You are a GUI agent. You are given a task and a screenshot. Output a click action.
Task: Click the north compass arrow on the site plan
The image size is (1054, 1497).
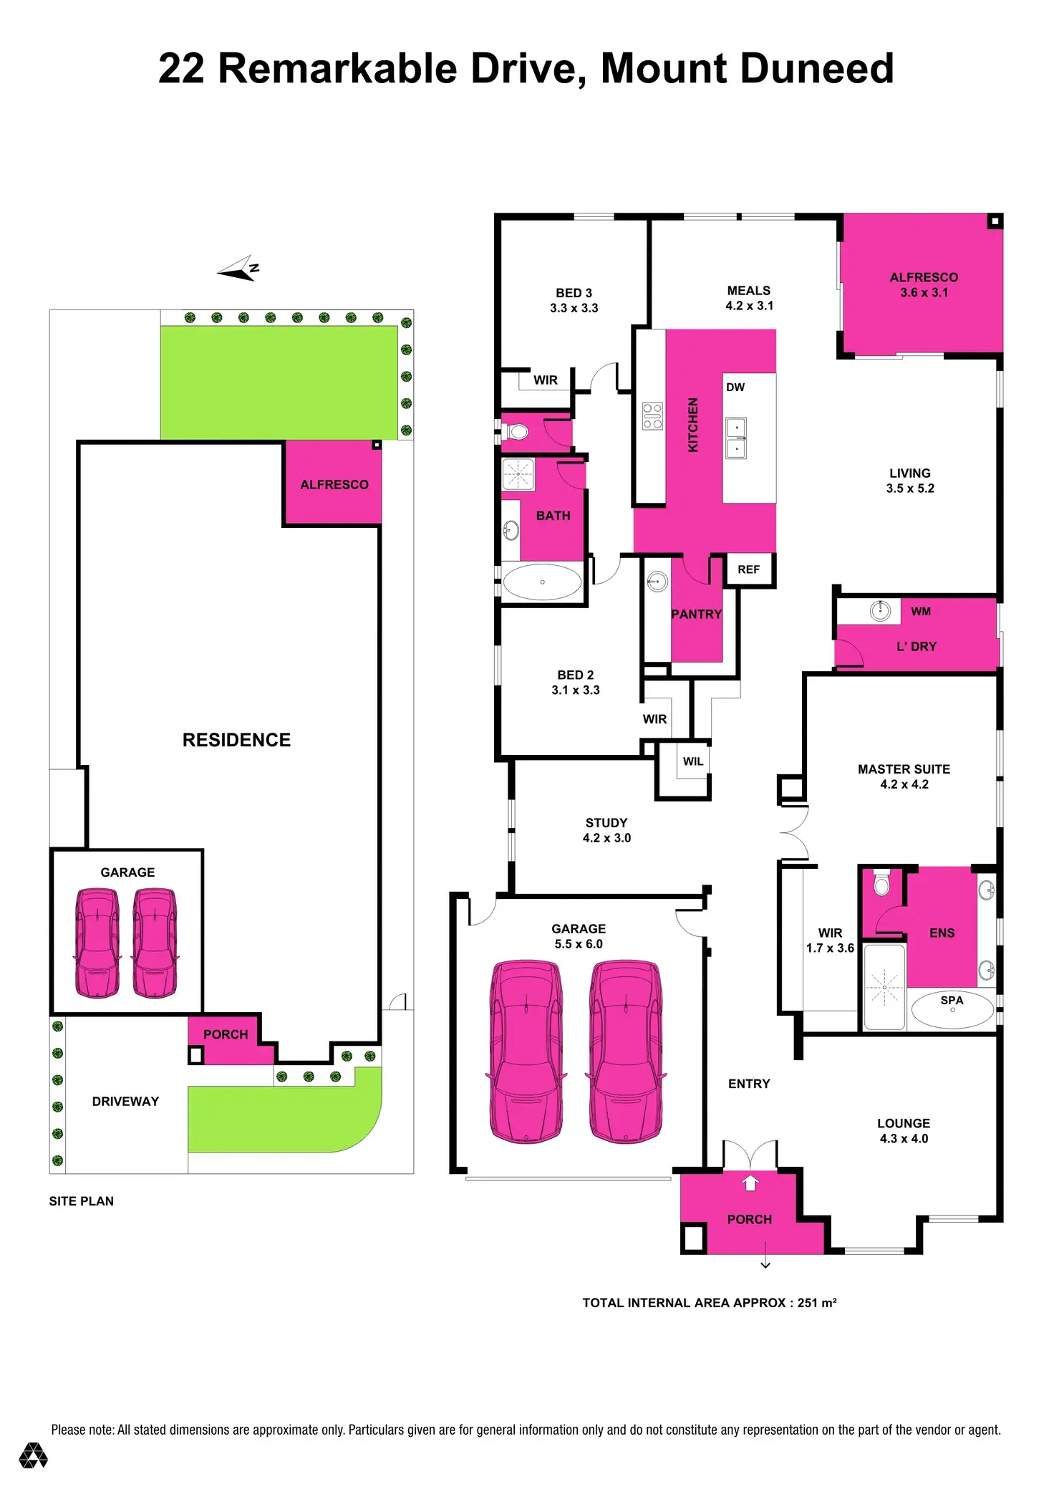238,269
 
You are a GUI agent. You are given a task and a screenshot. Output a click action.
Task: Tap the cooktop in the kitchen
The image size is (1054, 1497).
652,416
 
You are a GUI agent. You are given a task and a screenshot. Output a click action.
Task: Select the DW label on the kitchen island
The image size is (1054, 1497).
735,388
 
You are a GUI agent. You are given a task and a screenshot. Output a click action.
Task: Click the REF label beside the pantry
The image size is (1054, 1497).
748,569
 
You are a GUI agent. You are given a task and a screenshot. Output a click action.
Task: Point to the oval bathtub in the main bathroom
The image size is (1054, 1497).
542,582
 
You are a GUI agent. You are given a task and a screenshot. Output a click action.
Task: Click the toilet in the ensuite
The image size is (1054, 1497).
882,885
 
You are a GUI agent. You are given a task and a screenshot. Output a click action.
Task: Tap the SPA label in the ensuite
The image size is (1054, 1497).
952,1000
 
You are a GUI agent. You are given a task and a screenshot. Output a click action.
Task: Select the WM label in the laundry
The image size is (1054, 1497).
921,611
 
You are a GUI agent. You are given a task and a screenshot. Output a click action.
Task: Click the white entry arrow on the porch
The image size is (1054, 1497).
750,1183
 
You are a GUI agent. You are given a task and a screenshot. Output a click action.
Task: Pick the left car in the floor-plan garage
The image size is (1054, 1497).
526,1051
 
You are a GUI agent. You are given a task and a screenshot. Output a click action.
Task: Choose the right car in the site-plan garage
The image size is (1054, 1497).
155,943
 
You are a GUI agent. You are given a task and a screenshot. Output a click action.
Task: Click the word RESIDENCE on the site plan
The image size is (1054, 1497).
236,740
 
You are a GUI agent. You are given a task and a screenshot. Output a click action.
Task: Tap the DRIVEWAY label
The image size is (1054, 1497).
125,1102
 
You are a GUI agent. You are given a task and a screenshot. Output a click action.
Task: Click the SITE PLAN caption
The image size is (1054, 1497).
81,1201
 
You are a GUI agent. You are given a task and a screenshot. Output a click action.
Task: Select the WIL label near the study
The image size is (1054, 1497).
692,761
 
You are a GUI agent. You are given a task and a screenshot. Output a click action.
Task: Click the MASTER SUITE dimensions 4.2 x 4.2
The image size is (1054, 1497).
904,784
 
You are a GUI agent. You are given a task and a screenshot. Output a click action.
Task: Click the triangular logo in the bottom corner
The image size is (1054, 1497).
33,1455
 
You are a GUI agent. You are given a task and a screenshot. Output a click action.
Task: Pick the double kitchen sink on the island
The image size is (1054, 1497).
736,438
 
